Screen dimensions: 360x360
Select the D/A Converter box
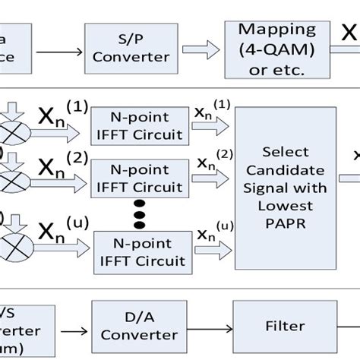pos(126,326)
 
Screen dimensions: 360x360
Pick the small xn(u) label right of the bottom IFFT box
pos(210,232)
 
